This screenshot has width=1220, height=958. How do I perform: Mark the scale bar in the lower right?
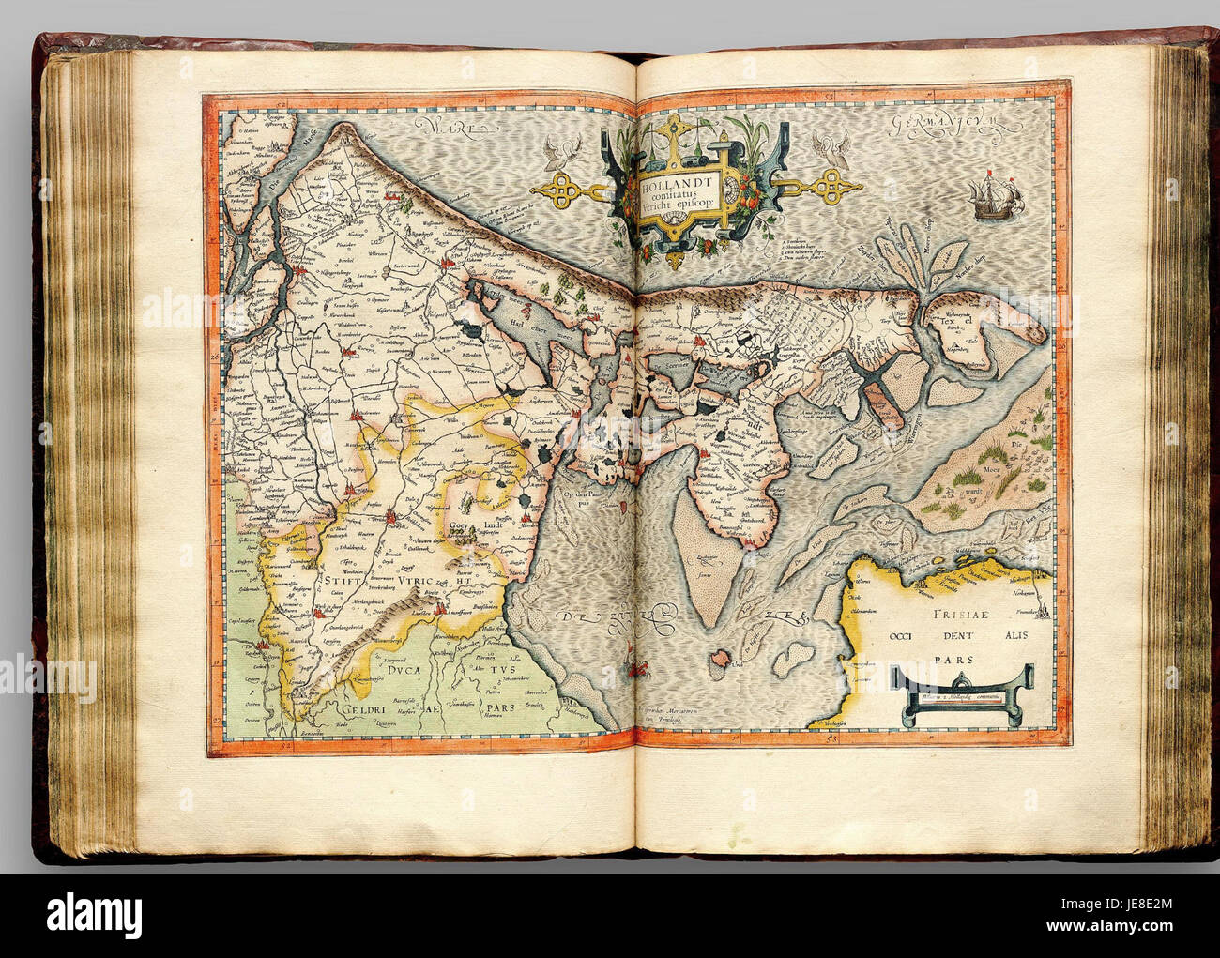tap(962, 695)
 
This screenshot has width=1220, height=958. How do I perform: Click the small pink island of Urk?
tap(720, 661)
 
